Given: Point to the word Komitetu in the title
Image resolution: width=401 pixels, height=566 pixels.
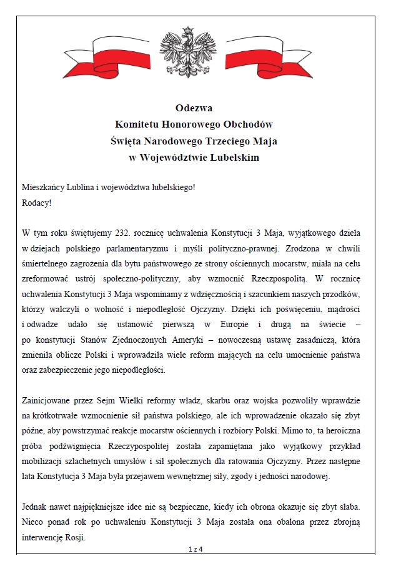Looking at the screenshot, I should tap(143, 124).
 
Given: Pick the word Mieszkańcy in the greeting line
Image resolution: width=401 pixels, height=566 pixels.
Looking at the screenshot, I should tap(43, 188).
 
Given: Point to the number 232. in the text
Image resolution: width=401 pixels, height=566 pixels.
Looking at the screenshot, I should tap(126, 233).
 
